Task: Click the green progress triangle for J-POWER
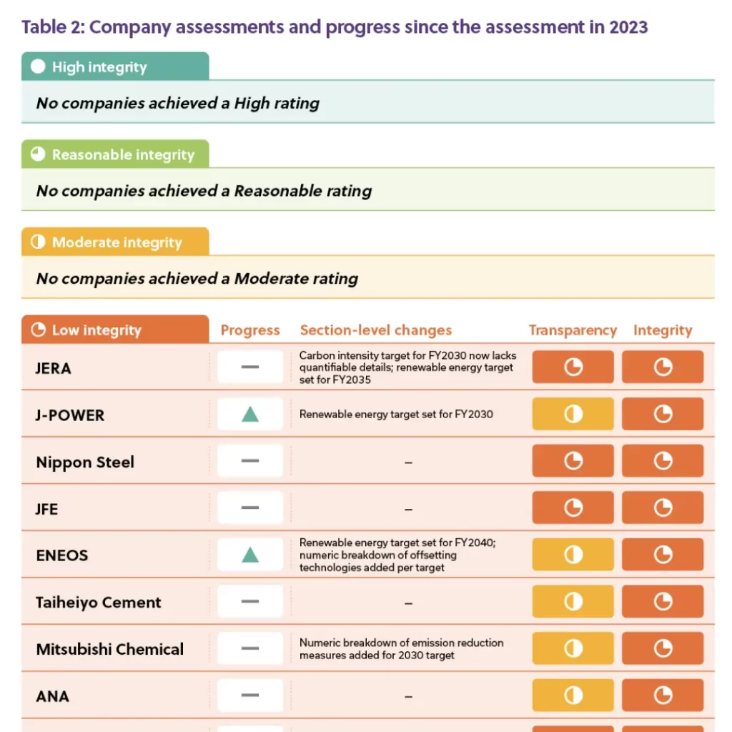pos(250,414)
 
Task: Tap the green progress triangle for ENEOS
pos(250,555)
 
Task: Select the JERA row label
pos(54,368)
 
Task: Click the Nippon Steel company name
pos(85,462)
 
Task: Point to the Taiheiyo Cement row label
pos(99,602)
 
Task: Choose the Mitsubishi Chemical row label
pos(110,649)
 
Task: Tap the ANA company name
pos(53,696)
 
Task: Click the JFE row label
pos(47,509)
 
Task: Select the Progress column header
pos(250,330)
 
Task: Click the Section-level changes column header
pos(376,330)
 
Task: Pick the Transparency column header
pos(573,330)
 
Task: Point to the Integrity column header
pos(663,330)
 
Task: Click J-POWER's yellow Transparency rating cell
pos(573,414)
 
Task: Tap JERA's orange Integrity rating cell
pos(663,367)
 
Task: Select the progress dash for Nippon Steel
pos(250,461)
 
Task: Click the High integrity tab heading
pos(99,67)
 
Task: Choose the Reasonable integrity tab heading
pos(123,154)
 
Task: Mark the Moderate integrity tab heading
pos(117,242)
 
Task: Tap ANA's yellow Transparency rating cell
pos(573,695)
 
